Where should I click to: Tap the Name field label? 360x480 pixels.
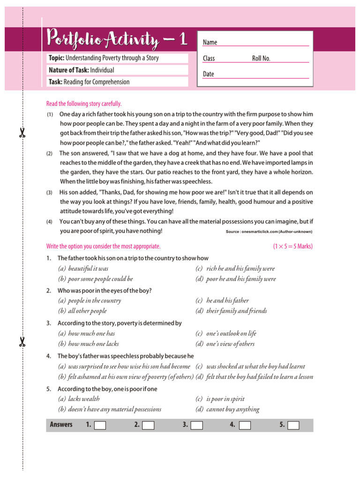pyautogui.click(x=210, y=43)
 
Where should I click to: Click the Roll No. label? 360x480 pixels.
pyautogui.click(x=261, y=59)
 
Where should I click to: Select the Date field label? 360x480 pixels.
pyautogui.click(x=208, y=74)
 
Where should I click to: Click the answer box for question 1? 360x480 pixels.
pyautogui.click(x=100, y=425)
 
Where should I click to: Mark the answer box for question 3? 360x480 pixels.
pyautogui.click(x=197, y=425)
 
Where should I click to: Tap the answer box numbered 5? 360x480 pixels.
pyautogui.click(x=293, y=425)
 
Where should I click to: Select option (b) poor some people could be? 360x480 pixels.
pyautogui.click(x=95, y=279)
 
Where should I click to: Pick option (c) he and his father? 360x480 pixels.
pyautogui.click(x=222, y=300)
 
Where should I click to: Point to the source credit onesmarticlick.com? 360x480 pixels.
pyautogui.click(x=269, y=232)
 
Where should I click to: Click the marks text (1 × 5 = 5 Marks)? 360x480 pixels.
pyautogui.click(x=292, y=246)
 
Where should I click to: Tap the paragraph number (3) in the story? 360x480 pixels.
pyautogui.click(x=49, y=193)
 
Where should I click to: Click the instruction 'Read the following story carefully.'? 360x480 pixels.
pyautogui.click(x=84, y=104)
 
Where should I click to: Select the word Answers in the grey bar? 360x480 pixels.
pyautogui.click(x=61, y=425)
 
